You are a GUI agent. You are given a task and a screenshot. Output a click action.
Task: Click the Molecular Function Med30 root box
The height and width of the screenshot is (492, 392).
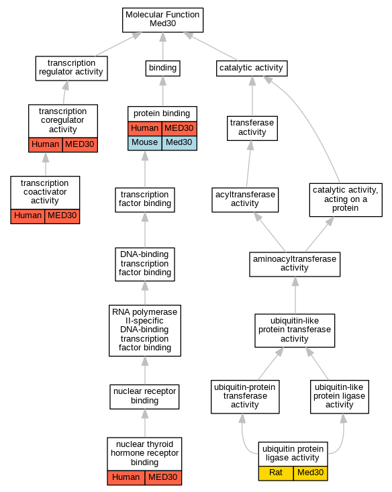tap(162, 20)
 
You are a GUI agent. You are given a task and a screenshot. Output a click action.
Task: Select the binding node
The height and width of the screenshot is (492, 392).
tap(162, 68)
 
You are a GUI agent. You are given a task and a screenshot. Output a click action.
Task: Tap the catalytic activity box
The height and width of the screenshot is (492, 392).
tap(252, 68)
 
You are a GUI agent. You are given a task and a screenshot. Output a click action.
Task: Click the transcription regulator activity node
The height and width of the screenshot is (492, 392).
tap(72, 68)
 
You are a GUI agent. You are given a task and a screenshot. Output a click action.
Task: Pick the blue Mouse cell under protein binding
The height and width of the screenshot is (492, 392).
tap(145, 143)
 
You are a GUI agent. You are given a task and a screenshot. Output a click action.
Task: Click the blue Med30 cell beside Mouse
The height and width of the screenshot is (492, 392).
tap(179, 143)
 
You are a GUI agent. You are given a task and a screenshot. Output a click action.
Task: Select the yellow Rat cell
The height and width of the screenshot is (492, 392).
tap(276, 473)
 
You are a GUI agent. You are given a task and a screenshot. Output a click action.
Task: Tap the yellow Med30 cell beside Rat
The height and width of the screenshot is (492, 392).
tap(310, 473)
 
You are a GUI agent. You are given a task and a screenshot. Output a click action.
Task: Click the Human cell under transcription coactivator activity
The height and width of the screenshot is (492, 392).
tap(28, 216)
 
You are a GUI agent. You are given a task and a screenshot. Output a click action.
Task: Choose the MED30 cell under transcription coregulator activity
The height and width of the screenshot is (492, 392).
tap(80, 145)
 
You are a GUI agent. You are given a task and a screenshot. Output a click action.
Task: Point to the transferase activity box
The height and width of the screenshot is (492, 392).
tap(252, 129)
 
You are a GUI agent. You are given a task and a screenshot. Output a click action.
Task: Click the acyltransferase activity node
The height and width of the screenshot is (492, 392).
tap(245, 200)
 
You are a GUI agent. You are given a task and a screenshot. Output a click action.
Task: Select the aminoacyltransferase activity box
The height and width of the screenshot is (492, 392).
tap(295, 264)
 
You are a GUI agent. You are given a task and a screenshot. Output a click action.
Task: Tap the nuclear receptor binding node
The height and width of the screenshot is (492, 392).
tap(144, 397)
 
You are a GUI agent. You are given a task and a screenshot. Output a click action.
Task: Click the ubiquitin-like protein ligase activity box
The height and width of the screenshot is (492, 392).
tap(340, 397)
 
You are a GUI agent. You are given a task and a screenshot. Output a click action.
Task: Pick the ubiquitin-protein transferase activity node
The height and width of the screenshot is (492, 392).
tap(245, 397)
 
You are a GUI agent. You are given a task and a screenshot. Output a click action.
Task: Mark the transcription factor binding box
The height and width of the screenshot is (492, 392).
tap(145, 200)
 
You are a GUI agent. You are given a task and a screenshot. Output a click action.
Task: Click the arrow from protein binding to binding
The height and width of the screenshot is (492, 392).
tap(163, 91)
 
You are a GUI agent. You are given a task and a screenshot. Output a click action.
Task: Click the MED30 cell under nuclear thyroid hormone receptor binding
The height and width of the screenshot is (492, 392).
tap(163, 478)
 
